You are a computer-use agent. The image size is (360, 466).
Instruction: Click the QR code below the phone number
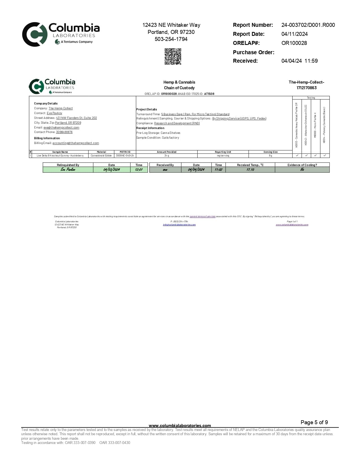point(173,56)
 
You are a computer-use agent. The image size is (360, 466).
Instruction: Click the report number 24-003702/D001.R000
point(308,25)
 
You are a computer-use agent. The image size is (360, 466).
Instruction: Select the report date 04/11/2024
point(294,34)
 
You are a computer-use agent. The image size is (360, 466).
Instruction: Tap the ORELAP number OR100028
point(294,43)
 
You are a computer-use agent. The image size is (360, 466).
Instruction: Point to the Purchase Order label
point(254,52)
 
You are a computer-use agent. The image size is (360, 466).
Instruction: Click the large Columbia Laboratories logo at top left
point(61,34)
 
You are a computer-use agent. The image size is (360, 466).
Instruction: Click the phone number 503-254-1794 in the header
point(171,39)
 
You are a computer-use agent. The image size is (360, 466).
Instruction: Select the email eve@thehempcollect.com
point(61,127)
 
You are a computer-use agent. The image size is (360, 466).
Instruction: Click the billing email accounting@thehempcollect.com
point(76,143)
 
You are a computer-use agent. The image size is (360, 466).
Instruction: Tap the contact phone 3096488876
point(64,132)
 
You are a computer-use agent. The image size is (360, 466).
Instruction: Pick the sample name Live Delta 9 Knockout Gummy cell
point(60,156)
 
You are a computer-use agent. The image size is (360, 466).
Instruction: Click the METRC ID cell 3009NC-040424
point(125,156)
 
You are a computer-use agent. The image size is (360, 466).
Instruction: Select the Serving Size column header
point(270,152)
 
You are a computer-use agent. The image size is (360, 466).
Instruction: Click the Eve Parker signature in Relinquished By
point(68,169)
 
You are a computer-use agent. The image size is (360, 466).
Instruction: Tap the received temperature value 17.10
point(250,169)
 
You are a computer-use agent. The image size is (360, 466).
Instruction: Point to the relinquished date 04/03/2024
point(112,169)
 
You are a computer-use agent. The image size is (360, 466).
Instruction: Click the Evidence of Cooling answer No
point(302,169)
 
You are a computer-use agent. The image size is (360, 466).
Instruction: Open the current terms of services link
point(202,216)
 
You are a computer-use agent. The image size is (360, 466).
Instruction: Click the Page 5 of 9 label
point(314,422)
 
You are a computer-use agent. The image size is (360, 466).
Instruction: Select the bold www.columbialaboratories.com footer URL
point(180,425)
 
